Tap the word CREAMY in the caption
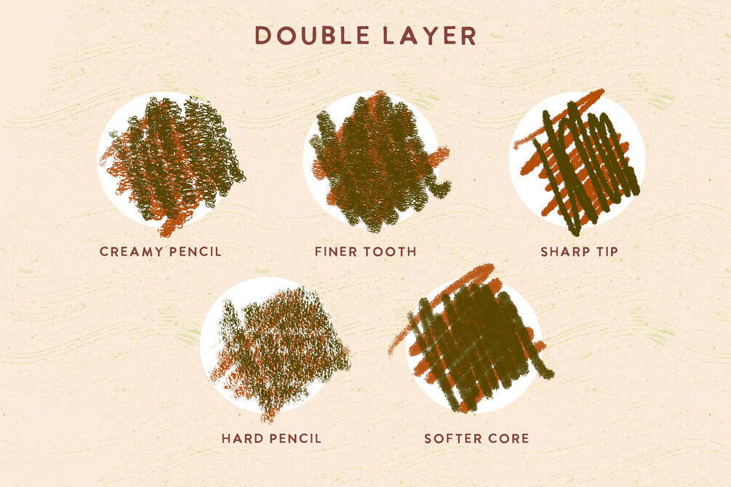[x=130, y=251]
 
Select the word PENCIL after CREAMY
[x=195, y=251]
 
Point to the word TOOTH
[x=390, y=251]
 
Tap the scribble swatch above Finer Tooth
[x=377, y=161]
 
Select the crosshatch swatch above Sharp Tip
[x=577, y=161]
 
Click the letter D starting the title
[x=263, y=36]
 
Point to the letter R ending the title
[x=468, y=36]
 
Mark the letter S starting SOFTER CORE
[x=428, y=438]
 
